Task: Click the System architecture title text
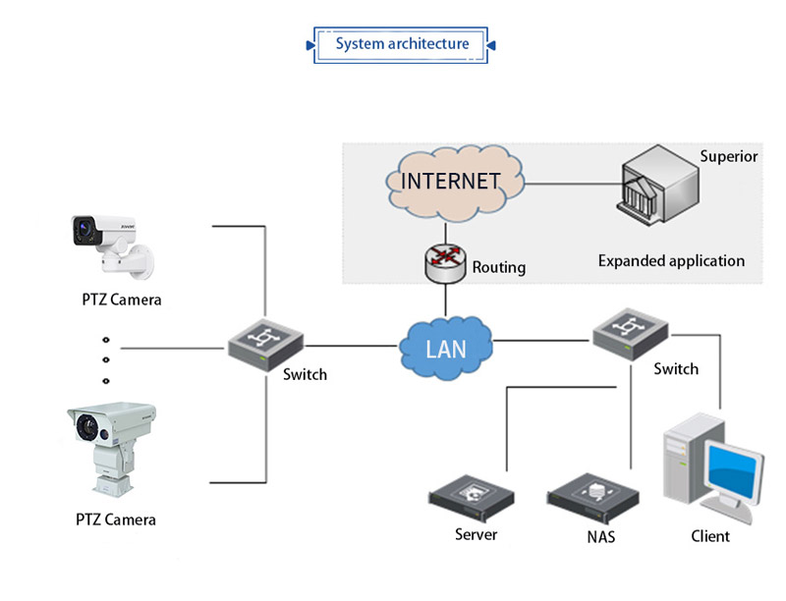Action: [x=402, y=44]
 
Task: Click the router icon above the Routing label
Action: [x=444, y=261]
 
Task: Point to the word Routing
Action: [x=498, y=267]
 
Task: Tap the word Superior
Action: [x=728, y=156]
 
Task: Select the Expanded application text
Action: [x=671, y=261]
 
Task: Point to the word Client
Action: [x=710, y=536]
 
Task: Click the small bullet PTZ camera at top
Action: [x=110, y=241]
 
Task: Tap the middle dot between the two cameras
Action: [x=106, y=362]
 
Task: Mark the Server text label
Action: [x=476, y=535]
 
